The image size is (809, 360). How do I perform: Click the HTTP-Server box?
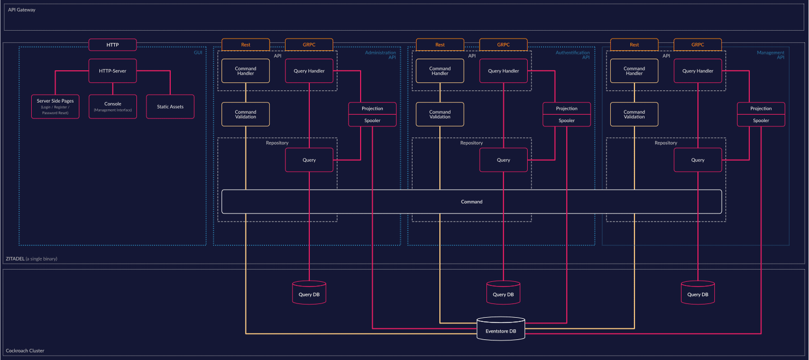[113, 71]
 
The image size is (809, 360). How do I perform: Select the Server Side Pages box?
[55, 106]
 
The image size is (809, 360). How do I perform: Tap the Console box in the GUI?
[113, 106]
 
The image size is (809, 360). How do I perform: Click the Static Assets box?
[170, 106]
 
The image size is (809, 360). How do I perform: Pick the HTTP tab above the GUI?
[113, 45]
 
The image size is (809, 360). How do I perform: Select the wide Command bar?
[471, 201]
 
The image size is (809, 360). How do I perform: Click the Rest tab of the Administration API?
[245, 45]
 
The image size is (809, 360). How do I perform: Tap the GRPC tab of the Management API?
[697, 45]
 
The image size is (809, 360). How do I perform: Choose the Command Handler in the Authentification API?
[440, 71]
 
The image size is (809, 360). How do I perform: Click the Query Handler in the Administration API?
[309, 71]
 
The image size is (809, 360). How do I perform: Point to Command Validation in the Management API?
[634, 114]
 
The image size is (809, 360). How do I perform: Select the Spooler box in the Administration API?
[372, 121]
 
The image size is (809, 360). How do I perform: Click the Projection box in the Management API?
[761, 108]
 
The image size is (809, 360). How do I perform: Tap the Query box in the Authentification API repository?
[503, 160]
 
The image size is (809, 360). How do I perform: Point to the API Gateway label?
[22, 10]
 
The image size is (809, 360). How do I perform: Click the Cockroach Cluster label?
[25, 350]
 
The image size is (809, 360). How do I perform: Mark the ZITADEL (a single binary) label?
[31, 259]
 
